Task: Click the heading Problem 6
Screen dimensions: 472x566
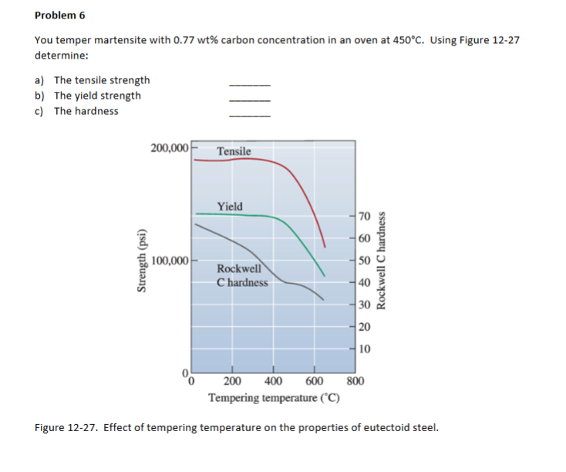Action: coord(60,15)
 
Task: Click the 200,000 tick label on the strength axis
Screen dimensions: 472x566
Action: coord(169,147)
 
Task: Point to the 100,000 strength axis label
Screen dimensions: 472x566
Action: coord(170,260)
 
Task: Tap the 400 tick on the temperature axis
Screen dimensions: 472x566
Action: coord(272,380)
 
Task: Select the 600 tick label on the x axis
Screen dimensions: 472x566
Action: coord(314,380)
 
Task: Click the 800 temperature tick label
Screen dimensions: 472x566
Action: coord(355,380)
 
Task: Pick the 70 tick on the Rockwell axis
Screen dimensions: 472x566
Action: coord(366,215)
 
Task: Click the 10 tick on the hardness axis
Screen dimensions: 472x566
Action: coord(366,349)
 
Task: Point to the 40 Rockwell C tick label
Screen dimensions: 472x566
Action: coord(366,282)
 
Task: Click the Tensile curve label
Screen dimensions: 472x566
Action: coord(234,151)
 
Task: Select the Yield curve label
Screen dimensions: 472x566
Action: coord(230,206)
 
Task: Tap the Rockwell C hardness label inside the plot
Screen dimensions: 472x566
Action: coord(242,275)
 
